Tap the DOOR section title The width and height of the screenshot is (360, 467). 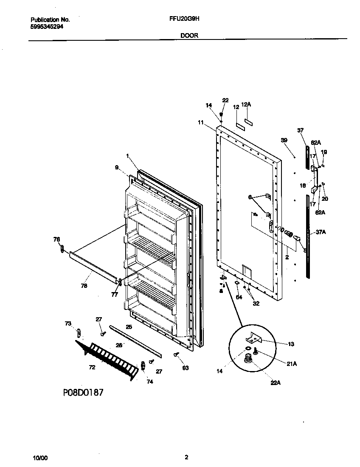tap(189, 36)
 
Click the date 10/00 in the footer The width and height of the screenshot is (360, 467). tap(40, 458)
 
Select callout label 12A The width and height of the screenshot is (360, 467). tap(246, 104)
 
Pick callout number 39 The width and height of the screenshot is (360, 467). tap(284, 140)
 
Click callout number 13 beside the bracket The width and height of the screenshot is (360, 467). tap(290, 344)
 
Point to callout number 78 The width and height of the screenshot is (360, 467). tap(84, 286)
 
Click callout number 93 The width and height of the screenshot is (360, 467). tap(185, 368)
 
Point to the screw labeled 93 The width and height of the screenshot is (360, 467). tap(175, 354)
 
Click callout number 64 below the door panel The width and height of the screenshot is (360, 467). tap(239, 297)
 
